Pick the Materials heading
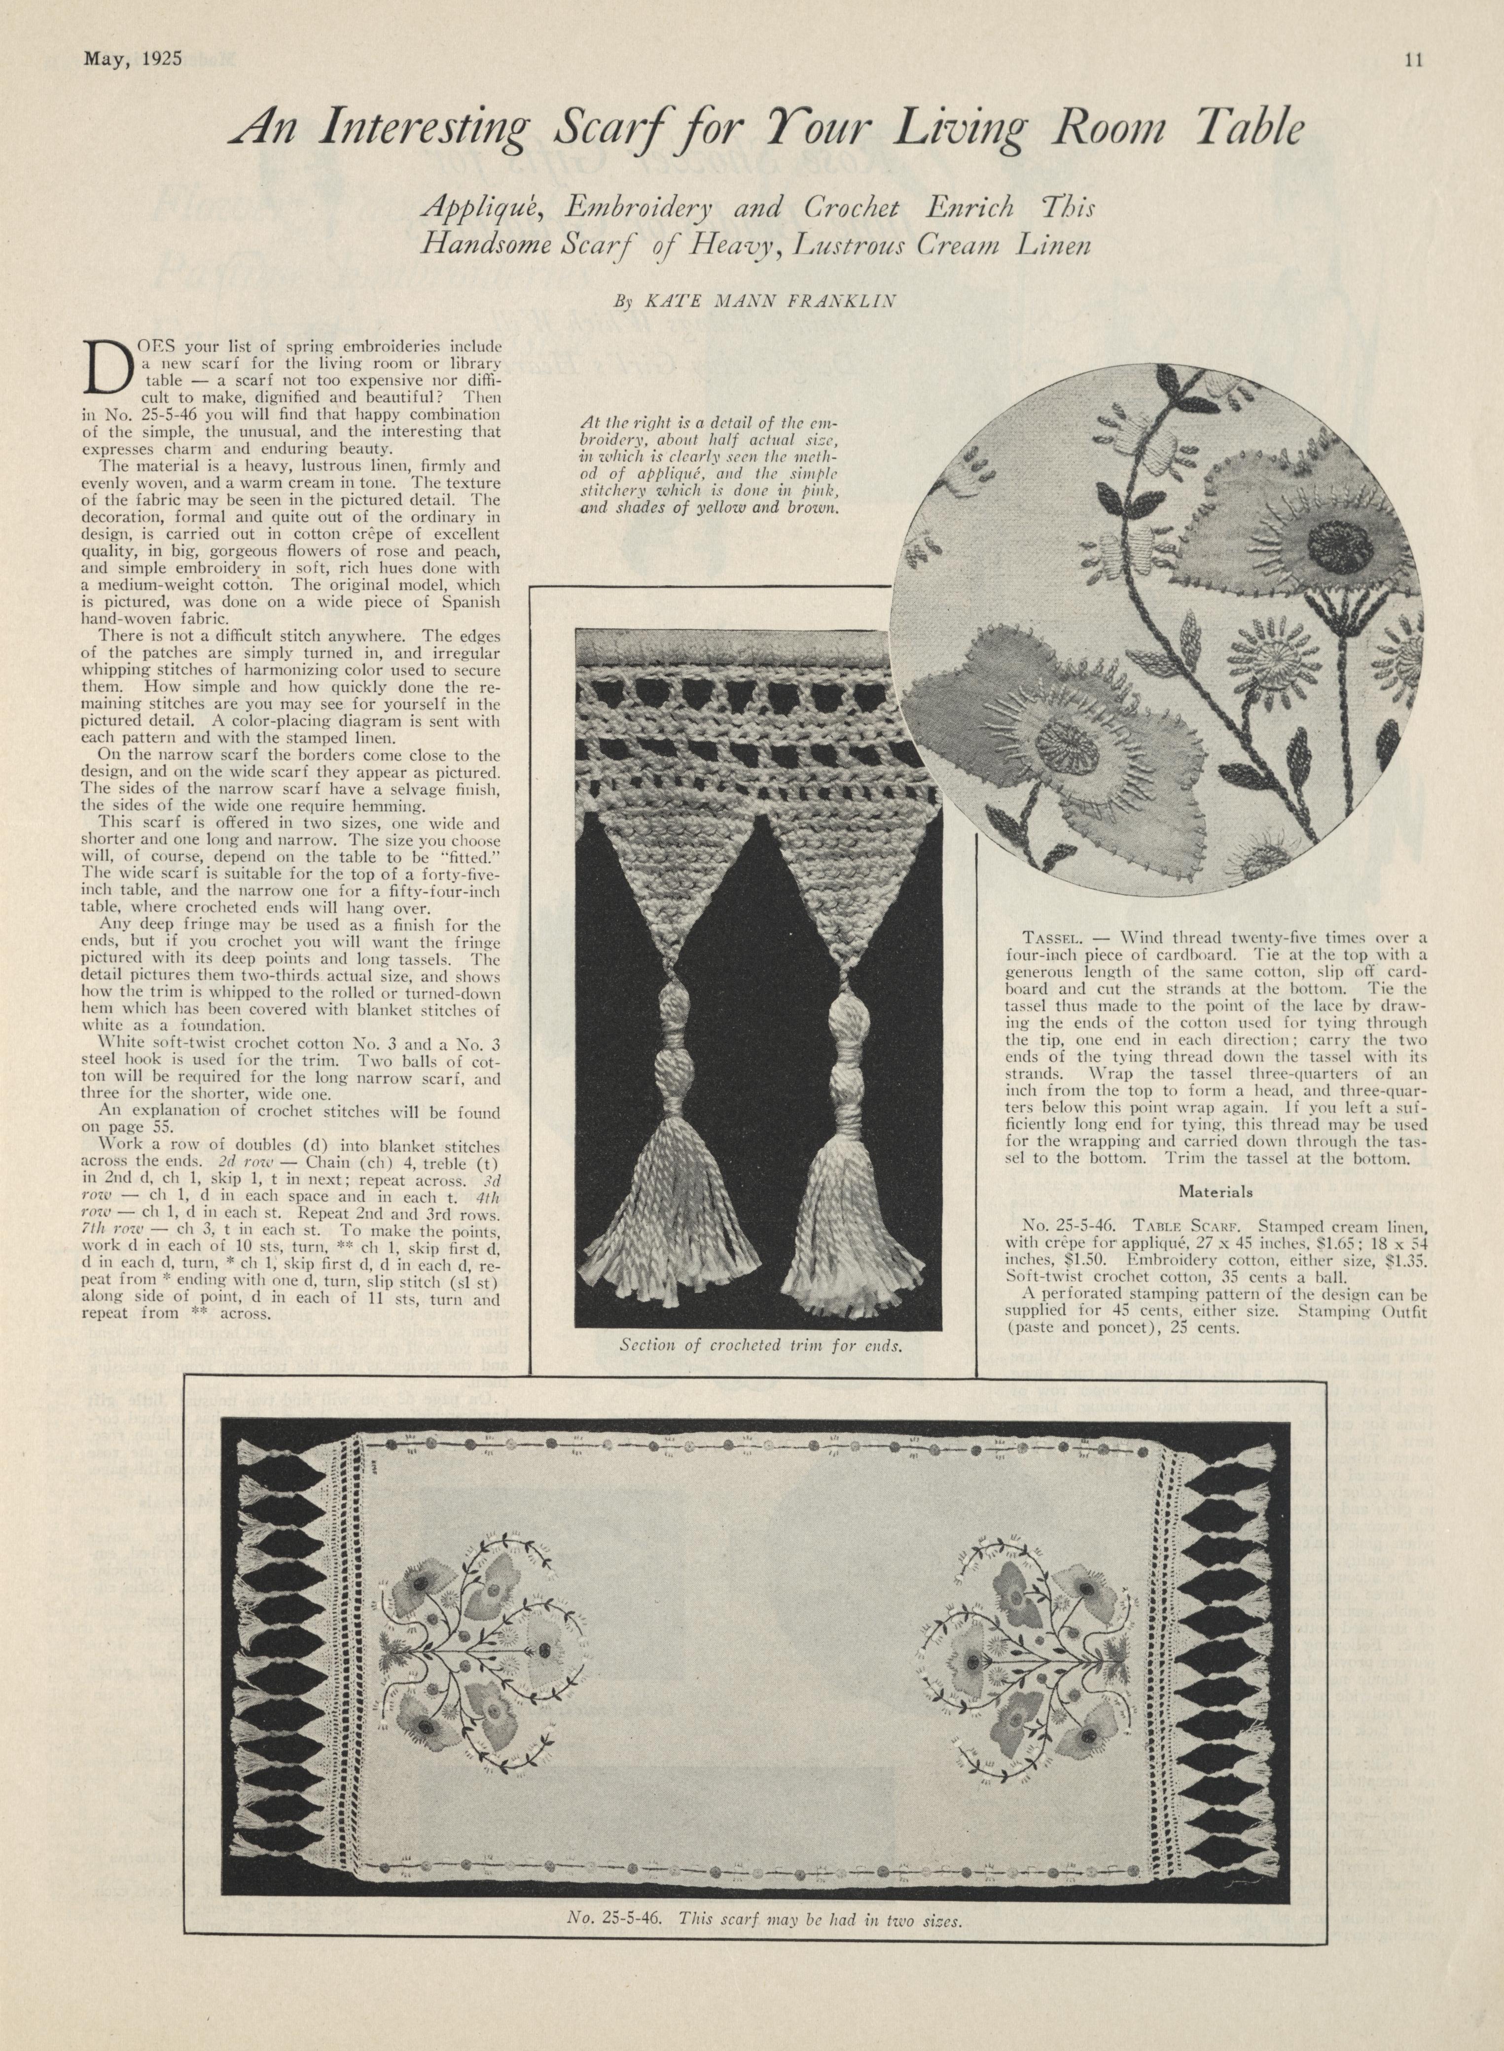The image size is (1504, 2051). click(1216, 1192)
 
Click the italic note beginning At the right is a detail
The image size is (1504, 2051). click(708, 465)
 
